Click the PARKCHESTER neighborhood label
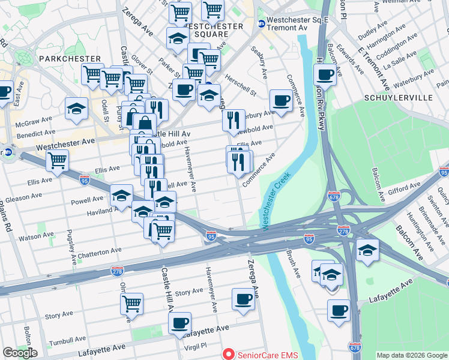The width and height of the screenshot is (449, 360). pos(70,59)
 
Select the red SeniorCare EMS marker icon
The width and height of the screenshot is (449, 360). pos(228,355)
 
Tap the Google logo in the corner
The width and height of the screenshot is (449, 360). pos(20,353)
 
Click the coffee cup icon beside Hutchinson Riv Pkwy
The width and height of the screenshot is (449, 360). pos(325,75)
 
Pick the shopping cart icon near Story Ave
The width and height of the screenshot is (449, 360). pos(131,303)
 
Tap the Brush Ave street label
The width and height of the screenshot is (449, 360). pos(294,263)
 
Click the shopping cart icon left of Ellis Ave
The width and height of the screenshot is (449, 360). pos(57,160)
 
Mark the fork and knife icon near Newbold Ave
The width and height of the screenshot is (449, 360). pos(234,120)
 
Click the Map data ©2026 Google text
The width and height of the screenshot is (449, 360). pos(411,355)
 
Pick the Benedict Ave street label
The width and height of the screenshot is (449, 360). pos(35,133)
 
